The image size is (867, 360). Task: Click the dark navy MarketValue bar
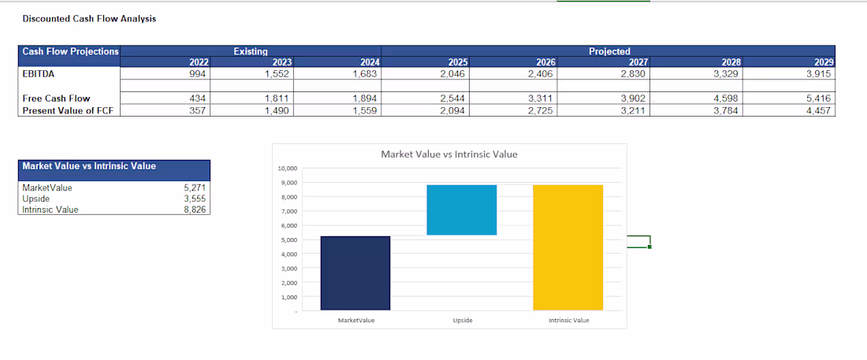355,273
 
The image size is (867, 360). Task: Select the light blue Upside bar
462,210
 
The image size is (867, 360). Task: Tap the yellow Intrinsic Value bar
567,247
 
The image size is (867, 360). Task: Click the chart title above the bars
449,155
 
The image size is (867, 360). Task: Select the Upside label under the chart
462,320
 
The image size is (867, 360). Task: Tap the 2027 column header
639,62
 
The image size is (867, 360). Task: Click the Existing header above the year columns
251,51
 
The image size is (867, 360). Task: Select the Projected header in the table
609,51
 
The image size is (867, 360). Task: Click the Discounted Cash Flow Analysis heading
89,19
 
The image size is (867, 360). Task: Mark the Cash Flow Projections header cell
70,51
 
